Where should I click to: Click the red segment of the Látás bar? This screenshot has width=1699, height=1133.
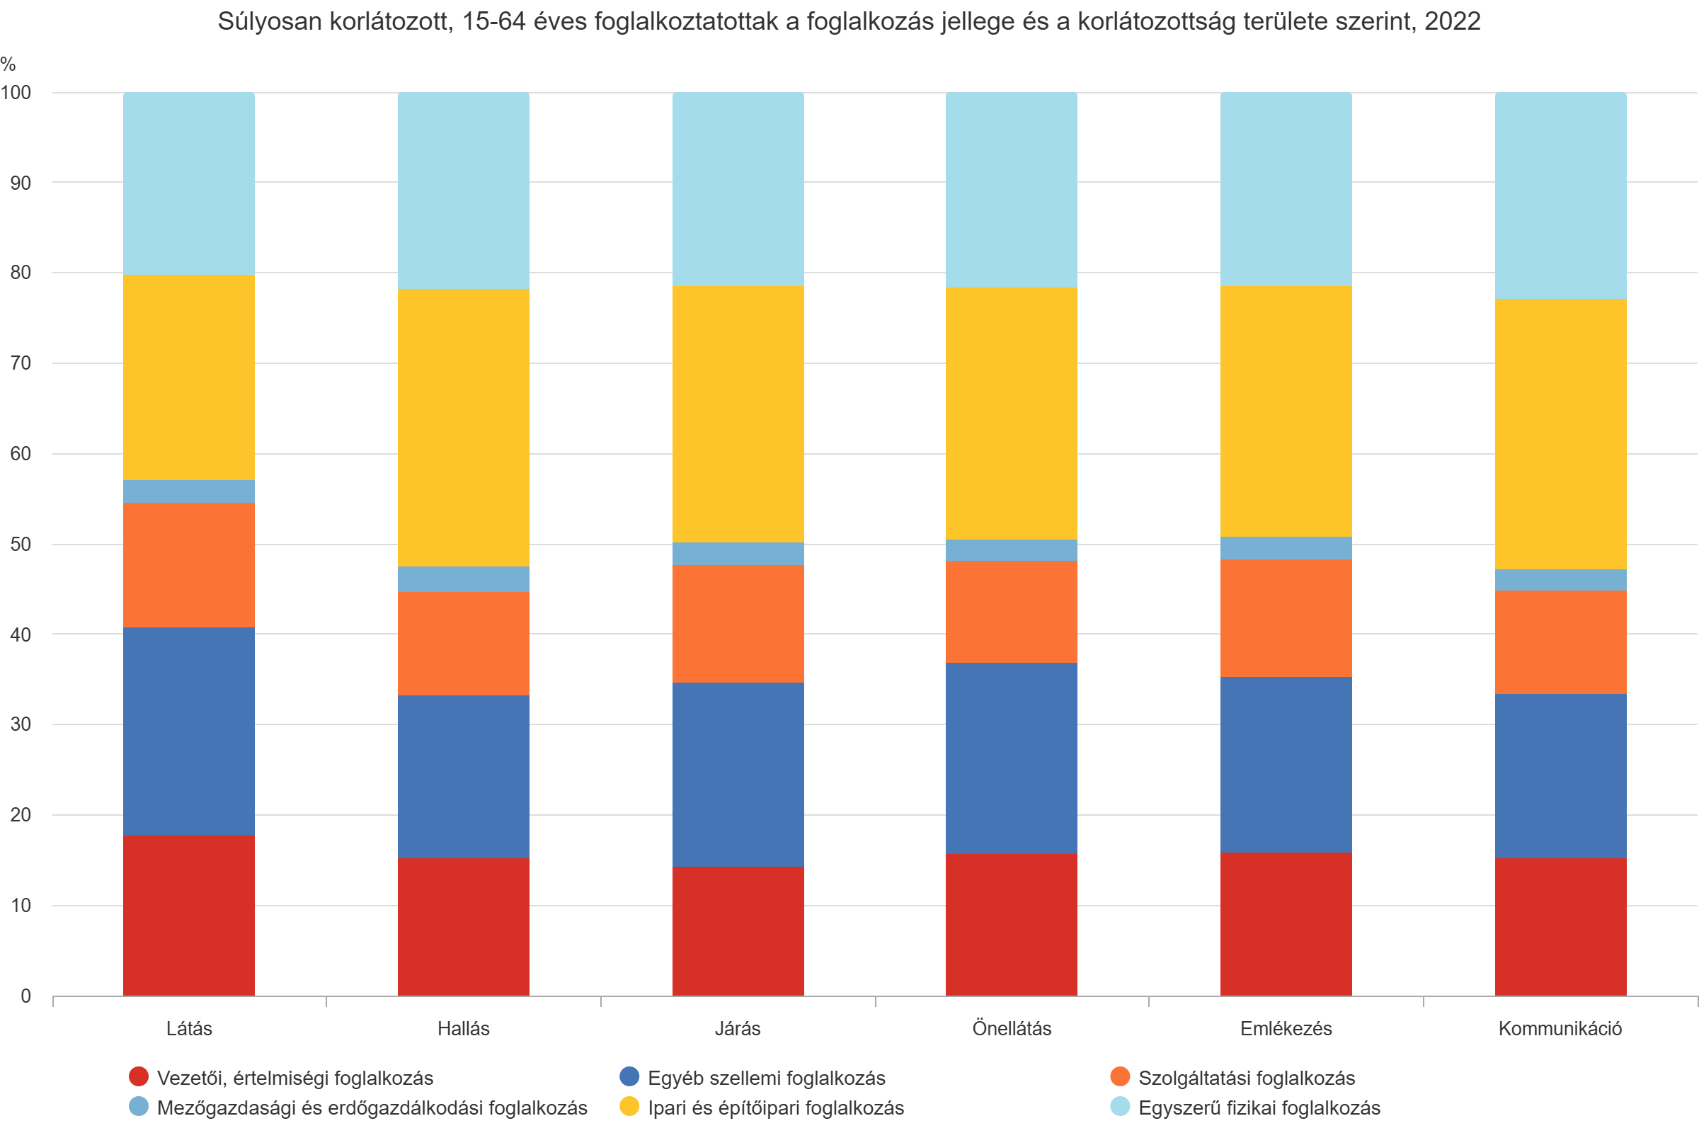188,915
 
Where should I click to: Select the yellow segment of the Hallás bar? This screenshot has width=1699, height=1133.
463,427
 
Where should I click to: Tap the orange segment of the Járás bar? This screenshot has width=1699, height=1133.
738,624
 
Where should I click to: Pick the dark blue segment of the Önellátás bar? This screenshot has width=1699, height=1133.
1012,758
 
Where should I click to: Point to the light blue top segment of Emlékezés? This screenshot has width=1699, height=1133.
1286,188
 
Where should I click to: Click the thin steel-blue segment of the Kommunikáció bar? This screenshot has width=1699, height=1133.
1560,579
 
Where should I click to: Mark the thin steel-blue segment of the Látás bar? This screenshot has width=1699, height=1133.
188,491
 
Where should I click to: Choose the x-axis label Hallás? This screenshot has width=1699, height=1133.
463,1028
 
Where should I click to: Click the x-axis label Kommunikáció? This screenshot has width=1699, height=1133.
1560,1028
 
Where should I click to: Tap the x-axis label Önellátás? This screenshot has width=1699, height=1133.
1012,1028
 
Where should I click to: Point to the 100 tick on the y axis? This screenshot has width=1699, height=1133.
16,93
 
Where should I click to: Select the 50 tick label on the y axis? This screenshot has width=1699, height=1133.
21,544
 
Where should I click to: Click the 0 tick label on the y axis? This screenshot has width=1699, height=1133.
25,996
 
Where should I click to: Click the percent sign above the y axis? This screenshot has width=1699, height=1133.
8,64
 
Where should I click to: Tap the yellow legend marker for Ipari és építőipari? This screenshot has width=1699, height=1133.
629,1106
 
